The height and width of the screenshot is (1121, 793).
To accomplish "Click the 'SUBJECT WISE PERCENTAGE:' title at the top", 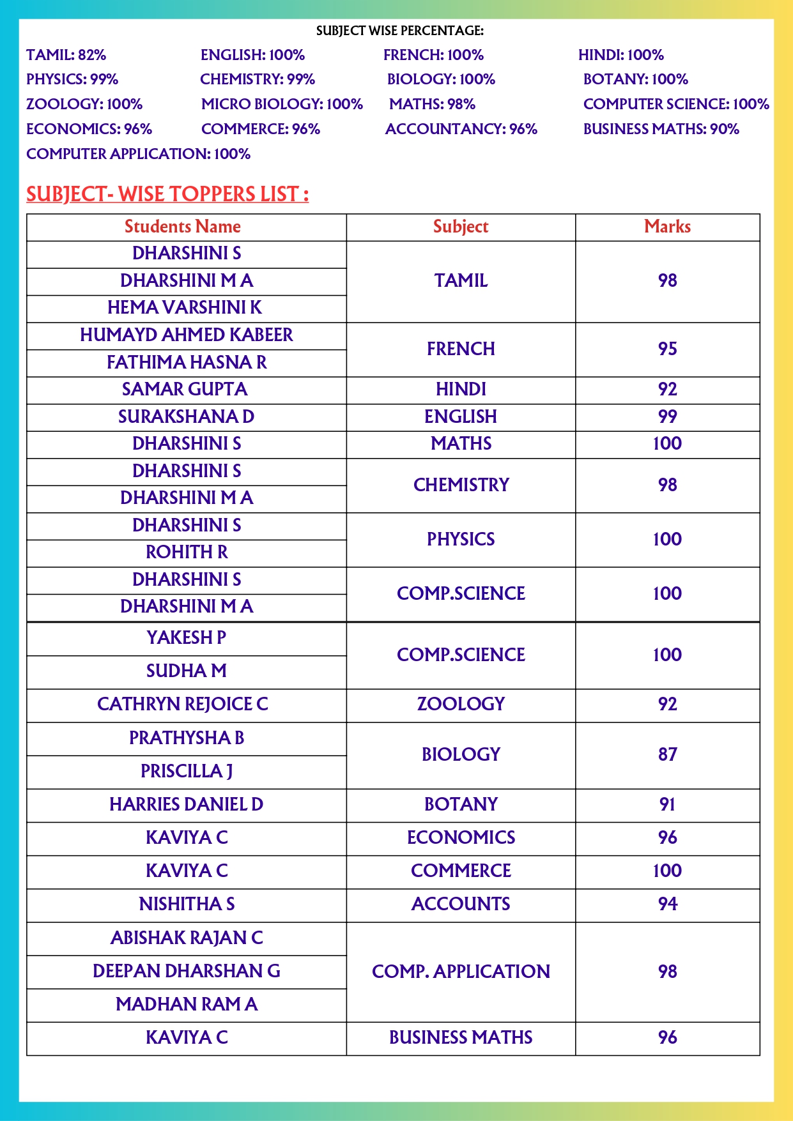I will (399, 31).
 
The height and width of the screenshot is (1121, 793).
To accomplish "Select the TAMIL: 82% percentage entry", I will (66, 55).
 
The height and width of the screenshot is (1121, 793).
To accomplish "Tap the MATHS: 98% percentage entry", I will (432, 104).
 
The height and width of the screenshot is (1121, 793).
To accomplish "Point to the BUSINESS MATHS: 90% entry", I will (661, 129).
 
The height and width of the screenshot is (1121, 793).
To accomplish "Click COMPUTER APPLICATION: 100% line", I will (138, 154).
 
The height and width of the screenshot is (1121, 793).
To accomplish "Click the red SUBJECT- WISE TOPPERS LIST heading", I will (167, 194).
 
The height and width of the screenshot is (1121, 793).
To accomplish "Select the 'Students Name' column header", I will (183, 227).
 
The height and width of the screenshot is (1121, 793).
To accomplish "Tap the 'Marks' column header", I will (667, 227).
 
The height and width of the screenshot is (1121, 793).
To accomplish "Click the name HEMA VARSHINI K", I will (185, 308).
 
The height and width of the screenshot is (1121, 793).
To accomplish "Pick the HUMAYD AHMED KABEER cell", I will (186, 335).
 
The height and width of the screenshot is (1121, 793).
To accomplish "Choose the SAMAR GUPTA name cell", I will (185, 389).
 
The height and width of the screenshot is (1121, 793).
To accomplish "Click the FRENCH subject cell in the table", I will (461, 349).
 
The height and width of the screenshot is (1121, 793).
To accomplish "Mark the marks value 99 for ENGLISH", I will (667, 416).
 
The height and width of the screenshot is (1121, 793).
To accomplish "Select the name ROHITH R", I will (187, 552).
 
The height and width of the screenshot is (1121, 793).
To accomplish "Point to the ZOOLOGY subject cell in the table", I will (461, 704).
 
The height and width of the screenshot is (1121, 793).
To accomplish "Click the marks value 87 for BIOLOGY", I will (667, 754).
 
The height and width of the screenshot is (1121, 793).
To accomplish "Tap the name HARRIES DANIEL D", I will (186, 804).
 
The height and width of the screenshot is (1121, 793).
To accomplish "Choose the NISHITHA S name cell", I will (187, 904).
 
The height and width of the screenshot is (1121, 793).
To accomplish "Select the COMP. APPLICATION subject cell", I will (461, 972).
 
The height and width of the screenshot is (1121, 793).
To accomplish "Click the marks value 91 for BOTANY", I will (667, 804).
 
